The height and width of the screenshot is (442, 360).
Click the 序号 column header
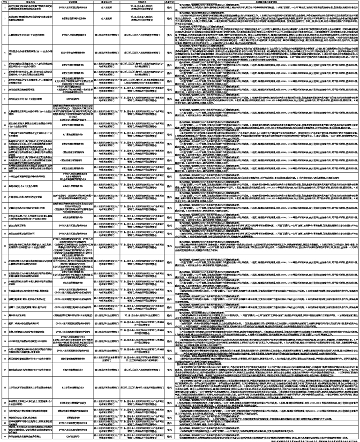click(x=4, y=2)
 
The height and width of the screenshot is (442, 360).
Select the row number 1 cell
click(x=4, y=8)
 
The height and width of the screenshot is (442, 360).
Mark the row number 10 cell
click(x=4, y=109)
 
